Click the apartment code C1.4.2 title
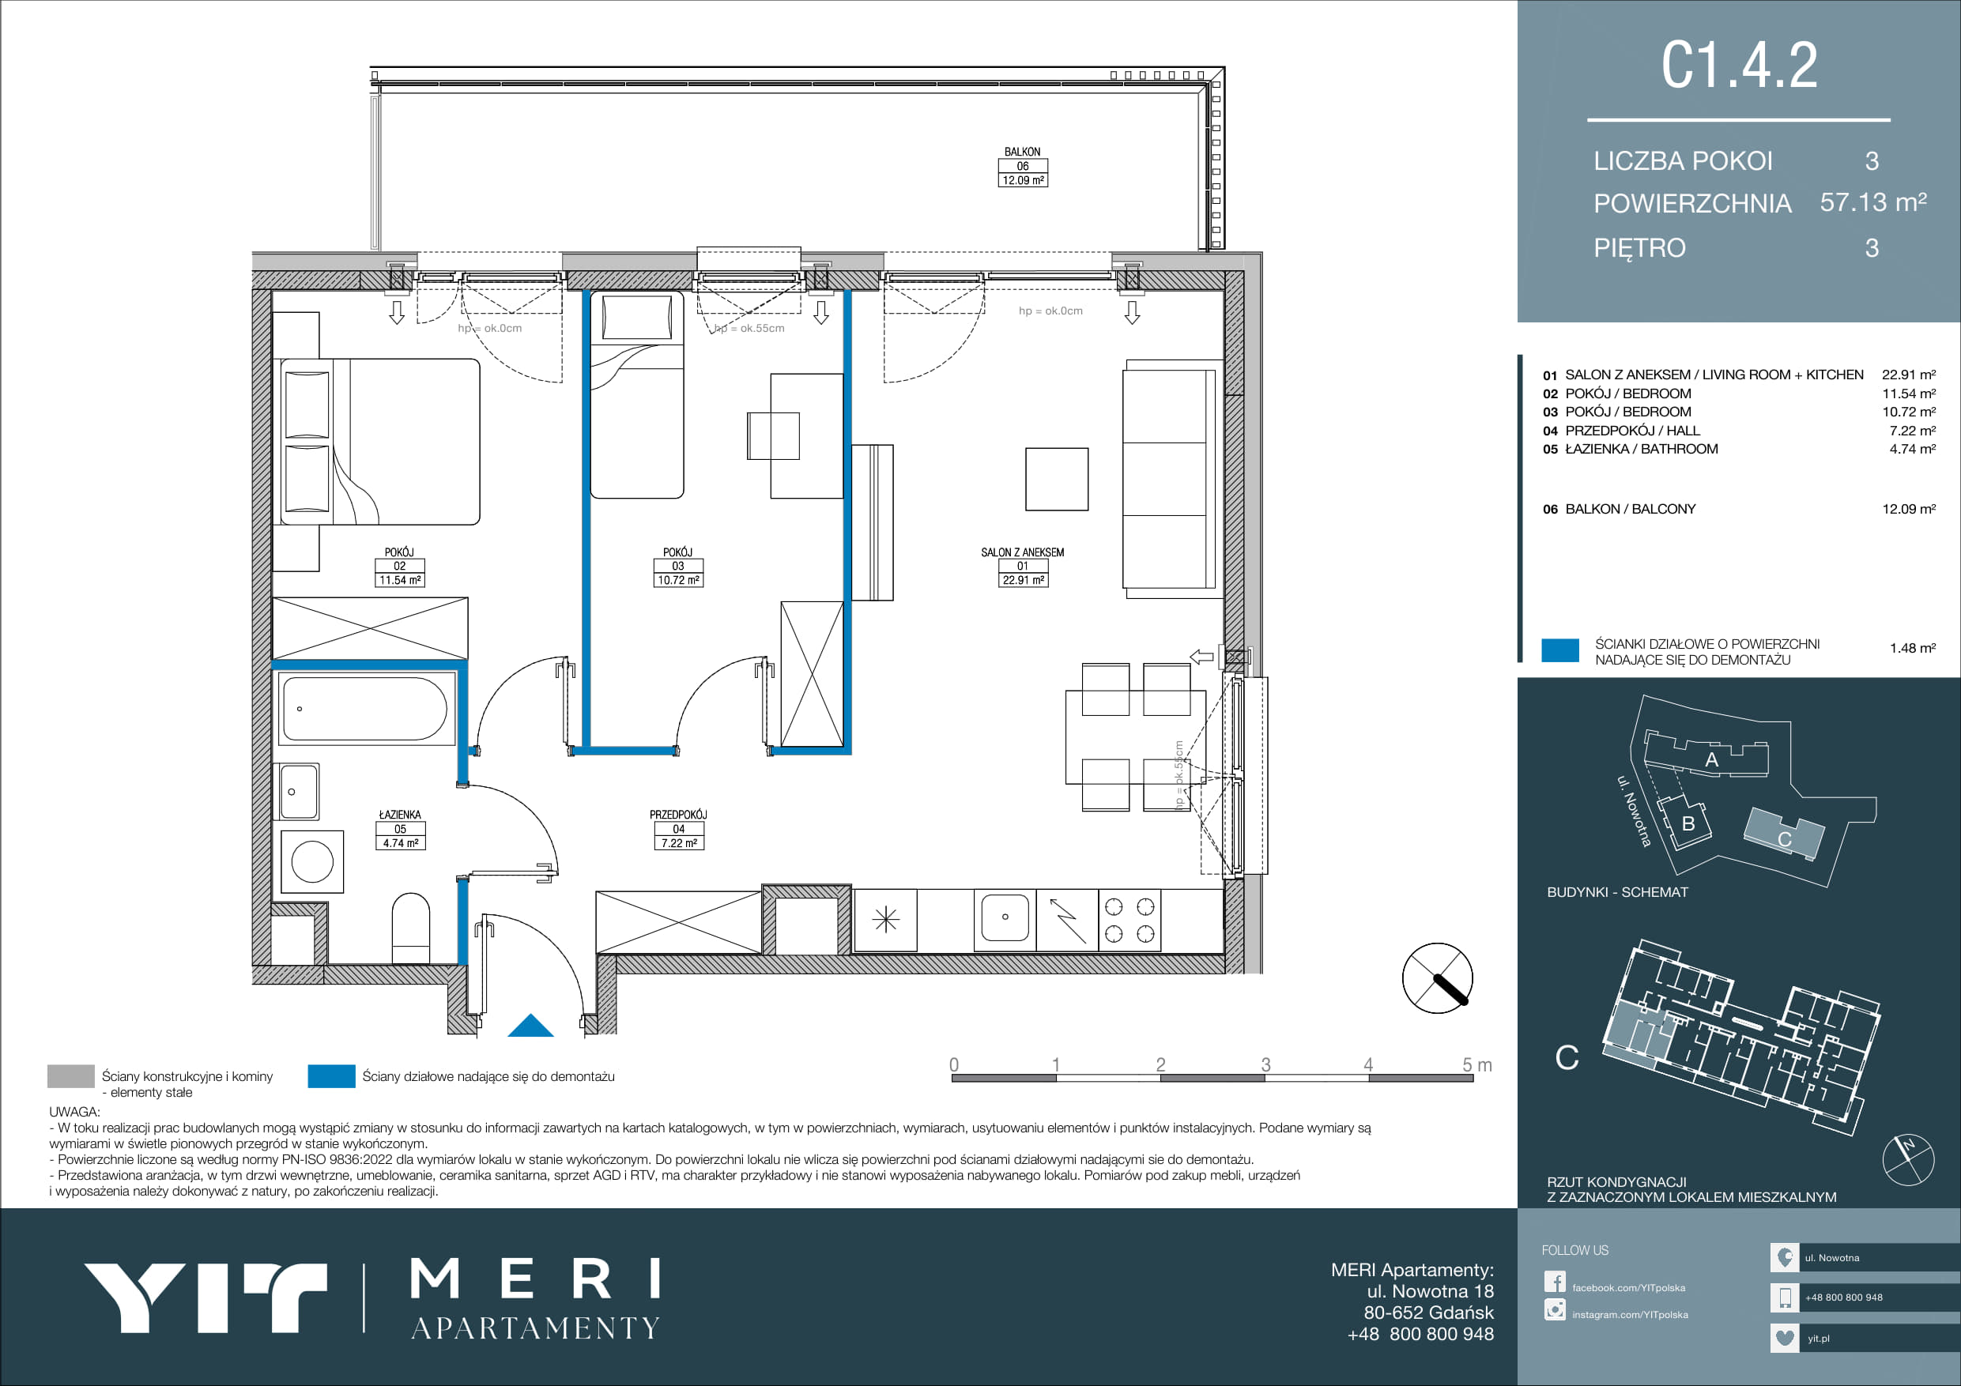(1739, 65)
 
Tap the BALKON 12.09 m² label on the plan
(1022, 167)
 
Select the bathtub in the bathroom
(364, 709)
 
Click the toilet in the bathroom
(410, 928)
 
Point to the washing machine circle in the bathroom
(312, 861)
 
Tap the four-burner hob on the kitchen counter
(1129, 920)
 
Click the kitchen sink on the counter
(1005, 917)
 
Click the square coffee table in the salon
(1057, 479)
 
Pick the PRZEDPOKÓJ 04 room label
(678, 828)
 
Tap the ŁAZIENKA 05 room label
(400, 828)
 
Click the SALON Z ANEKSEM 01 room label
(1022, 567)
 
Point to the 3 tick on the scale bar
(1265, 1065)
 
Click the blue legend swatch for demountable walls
(331, 1076)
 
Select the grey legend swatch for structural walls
(71, 1076)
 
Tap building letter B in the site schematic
(1688, 824)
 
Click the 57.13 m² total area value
(1873, 202)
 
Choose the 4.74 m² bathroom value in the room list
(1912, 449)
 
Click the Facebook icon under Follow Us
(1555, 1282)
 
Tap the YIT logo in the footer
(205, 1297)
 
